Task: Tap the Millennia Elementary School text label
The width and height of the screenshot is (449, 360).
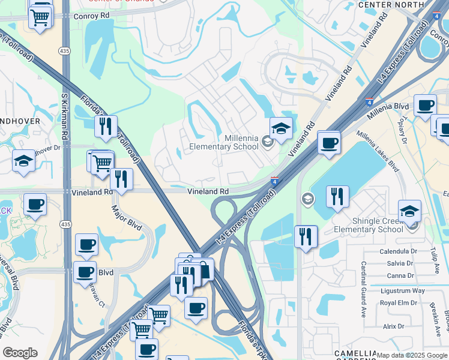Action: click(x=224, y=142)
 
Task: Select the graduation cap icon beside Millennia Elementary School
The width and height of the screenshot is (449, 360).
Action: click(x=280, y=128)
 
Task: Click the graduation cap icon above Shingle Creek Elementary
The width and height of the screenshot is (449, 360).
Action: click(x=409, y=211)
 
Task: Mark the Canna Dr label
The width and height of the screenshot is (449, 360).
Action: click(x=402, y=275)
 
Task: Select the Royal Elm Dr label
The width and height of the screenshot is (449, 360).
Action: click(x=399, y=302)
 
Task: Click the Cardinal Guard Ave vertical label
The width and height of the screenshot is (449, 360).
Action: click(x=364, y=289)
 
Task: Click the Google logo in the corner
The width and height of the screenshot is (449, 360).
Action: click(x=20, y=353)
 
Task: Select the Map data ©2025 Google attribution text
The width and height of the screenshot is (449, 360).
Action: click(x=412, y=355)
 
